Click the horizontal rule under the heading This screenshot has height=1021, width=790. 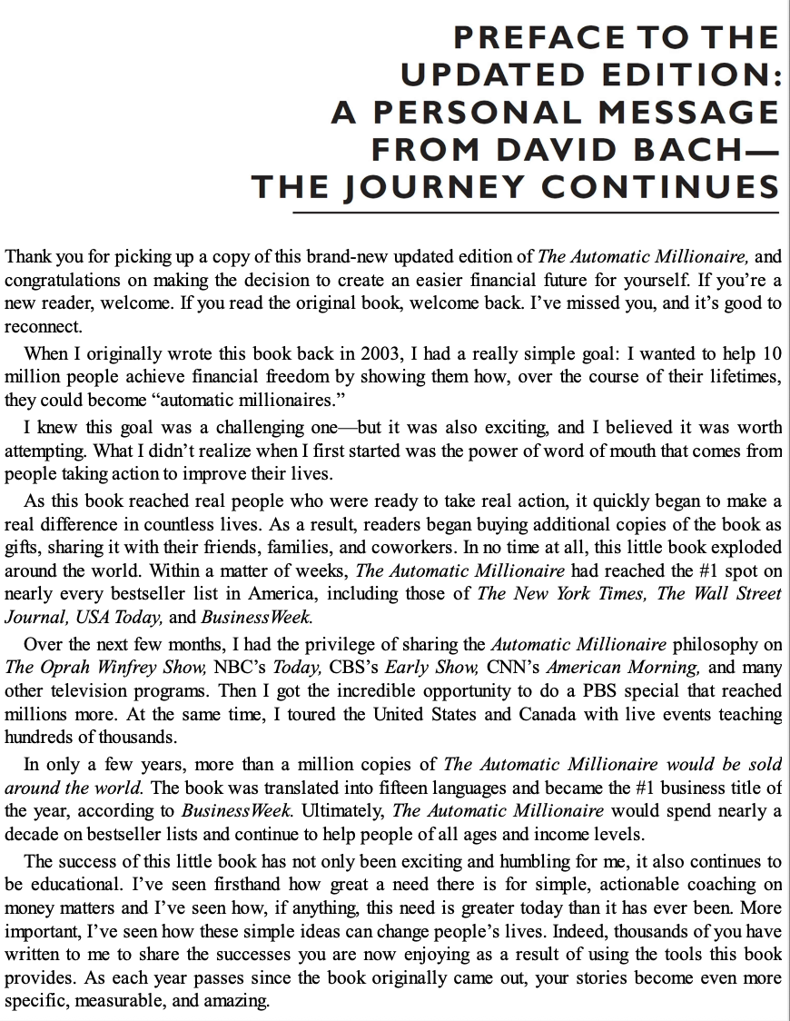537,212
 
